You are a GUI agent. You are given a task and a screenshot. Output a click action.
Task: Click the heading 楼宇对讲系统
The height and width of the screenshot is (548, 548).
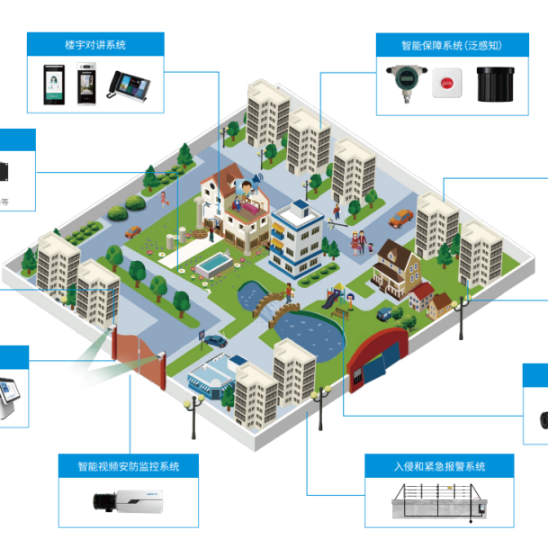pos(95,44)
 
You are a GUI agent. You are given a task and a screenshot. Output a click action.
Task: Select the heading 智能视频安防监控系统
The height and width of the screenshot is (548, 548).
pos(129,466)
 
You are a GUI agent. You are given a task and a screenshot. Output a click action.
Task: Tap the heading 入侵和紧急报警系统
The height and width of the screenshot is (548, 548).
pos(440,466)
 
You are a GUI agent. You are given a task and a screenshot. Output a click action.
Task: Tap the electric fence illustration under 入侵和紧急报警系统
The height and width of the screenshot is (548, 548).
pos(439,502)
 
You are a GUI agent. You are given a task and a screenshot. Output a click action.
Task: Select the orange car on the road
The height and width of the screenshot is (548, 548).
pos(400,217)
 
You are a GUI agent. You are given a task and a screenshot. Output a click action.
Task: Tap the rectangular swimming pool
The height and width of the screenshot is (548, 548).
pos(211,264)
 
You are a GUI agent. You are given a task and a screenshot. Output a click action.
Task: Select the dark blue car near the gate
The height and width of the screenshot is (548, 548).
pos(217,339)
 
